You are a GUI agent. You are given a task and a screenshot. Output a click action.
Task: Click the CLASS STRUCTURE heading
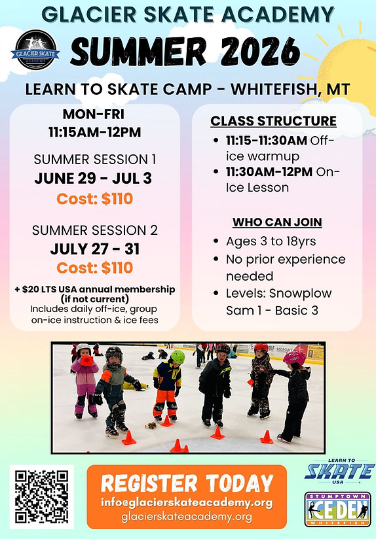273,121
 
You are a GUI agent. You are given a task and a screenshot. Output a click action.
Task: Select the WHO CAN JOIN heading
277,222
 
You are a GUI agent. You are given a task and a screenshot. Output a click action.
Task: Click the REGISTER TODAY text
187,483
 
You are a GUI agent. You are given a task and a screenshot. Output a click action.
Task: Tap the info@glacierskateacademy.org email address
187,502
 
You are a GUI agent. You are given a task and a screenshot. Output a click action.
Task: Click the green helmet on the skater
178,356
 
